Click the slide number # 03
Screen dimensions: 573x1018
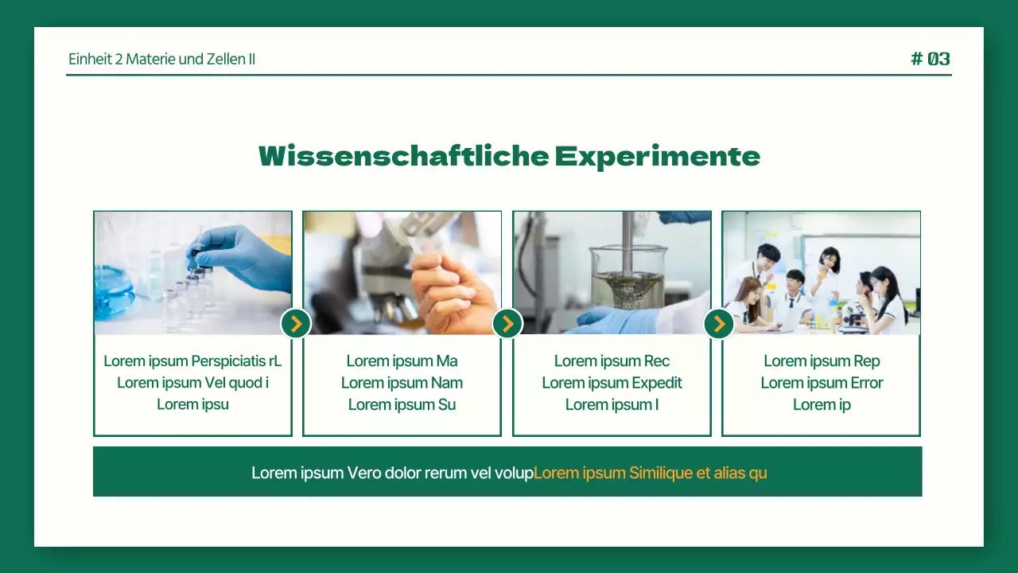(930, 59)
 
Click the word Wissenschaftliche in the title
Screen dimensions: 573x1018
(403, 156)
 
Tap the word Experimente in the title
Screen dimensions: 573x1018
(657, 156)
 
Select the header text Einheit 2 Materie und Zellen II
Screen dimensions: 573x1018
(161, 59)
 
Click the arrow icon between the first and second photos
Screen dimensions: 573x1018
(296, 323)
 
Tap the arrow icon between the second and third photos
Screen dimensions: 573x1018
(507, 323)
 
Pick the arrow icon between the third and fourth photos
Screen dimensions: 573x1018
(719, 323)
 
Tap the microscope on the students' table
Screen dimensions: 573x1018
(853, 316)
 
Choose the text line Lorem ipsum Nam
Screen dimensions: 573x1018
(402, 383)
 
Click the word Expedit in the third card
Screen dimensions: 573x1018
(657, 383)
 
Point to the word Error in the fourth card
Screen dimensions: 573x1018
(866, 383)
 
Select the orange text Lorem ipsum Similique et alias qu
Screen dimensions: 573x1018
(650, 473)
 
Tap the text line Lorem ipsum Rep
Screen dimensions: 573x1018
(822, 361)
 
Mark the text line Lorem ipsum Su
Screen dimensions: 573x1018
(402, 404)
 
